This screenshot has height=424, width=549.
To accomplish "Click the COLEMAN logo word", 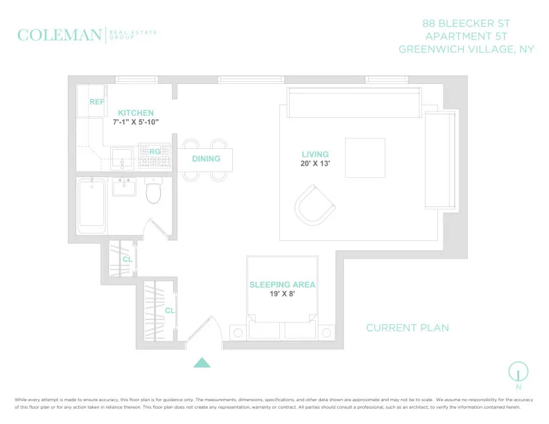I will tap(60, 35).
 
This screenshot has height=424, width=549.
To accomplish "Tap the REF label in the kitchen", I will tap(96, 103).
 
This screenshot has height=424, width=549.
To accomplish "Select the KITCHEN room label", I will tap(135, 113).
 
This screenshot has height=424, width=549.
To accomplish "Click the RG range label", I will tap(155, 150).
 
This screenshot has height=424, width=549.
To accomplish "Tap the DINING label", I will tap(206, 159).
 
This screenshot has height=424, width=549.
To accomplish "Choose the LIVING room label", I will tap(315, 154).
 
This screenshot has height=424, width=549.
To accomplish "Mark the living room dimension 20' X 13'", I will tap(315, 164).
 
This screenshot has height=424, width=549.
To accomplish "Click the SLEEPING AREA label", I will tap(282, 285).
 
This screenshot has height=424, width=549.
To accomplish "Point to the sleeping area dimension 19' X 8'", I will tap(282, 294).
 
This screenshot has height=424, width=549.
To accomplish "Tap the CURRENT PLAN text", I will tap(407, 328).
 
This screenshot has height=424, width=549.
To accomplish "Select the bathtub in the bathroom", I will tap(91, 206).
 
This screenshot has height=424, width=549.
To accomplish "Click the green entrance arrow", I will tap(202, 362).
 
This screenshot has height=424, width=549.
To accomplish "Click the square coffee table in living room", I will tap(365, 158).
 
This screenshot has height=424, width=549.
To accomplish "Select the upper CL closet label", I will tap(127, 260).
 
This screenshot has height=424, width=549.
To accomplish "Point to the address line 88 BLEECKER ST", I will tap(467, 24).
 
